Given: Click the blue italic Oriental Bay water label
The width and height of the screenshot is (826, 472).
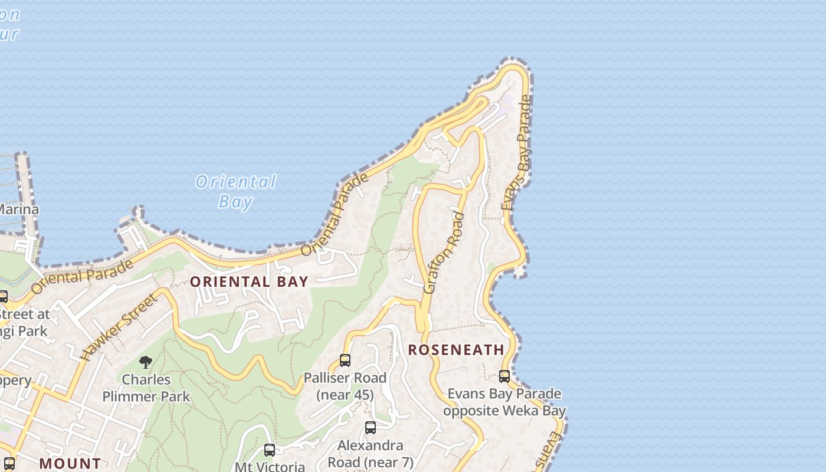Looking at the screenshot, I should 236,191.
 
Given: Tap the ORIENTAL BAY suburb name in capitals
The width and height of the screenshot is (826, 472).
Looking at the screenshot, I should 249,282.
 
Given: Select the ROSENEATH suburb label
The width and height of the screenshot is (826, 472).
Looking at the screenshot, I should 456,350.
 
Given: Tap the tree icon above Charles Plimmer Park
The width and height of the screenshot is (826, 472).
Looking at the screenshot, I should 146,362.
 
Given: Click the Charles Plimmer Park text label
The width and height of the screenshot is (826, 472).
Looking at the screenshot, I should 146,388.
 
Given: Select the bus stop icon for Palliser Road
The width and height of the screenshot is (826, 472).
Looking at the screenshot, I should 345,360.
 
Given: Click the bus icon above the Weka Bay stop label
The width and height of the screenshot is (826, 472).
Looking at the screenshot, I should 504,376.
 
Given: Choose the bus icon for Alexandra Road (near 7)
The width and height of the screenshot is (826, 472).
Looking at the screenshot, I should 371,428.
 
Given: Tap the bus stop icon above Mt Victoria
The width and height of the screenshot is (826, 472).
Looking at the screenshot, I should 270,450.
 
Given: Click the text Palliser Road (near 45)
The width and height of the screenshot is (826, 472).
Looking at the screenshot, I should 345,386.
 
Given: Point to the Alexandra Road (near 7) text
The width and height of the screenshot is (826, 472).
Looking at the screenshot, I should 371,453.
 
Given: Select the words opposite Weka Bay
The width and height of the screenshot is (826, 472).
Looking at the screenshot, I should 504,411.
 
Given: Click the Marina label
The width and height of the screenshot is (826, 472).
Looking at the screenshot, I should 19,209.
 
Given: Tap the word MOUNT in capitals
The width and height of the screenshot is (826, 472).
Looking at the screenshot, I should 70,464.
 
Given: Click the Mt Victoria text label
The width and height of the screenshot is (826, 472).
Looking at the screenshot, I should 270,466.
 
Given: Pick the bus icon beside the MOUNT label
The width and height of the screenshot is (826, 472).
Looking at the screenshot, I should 9,463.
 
